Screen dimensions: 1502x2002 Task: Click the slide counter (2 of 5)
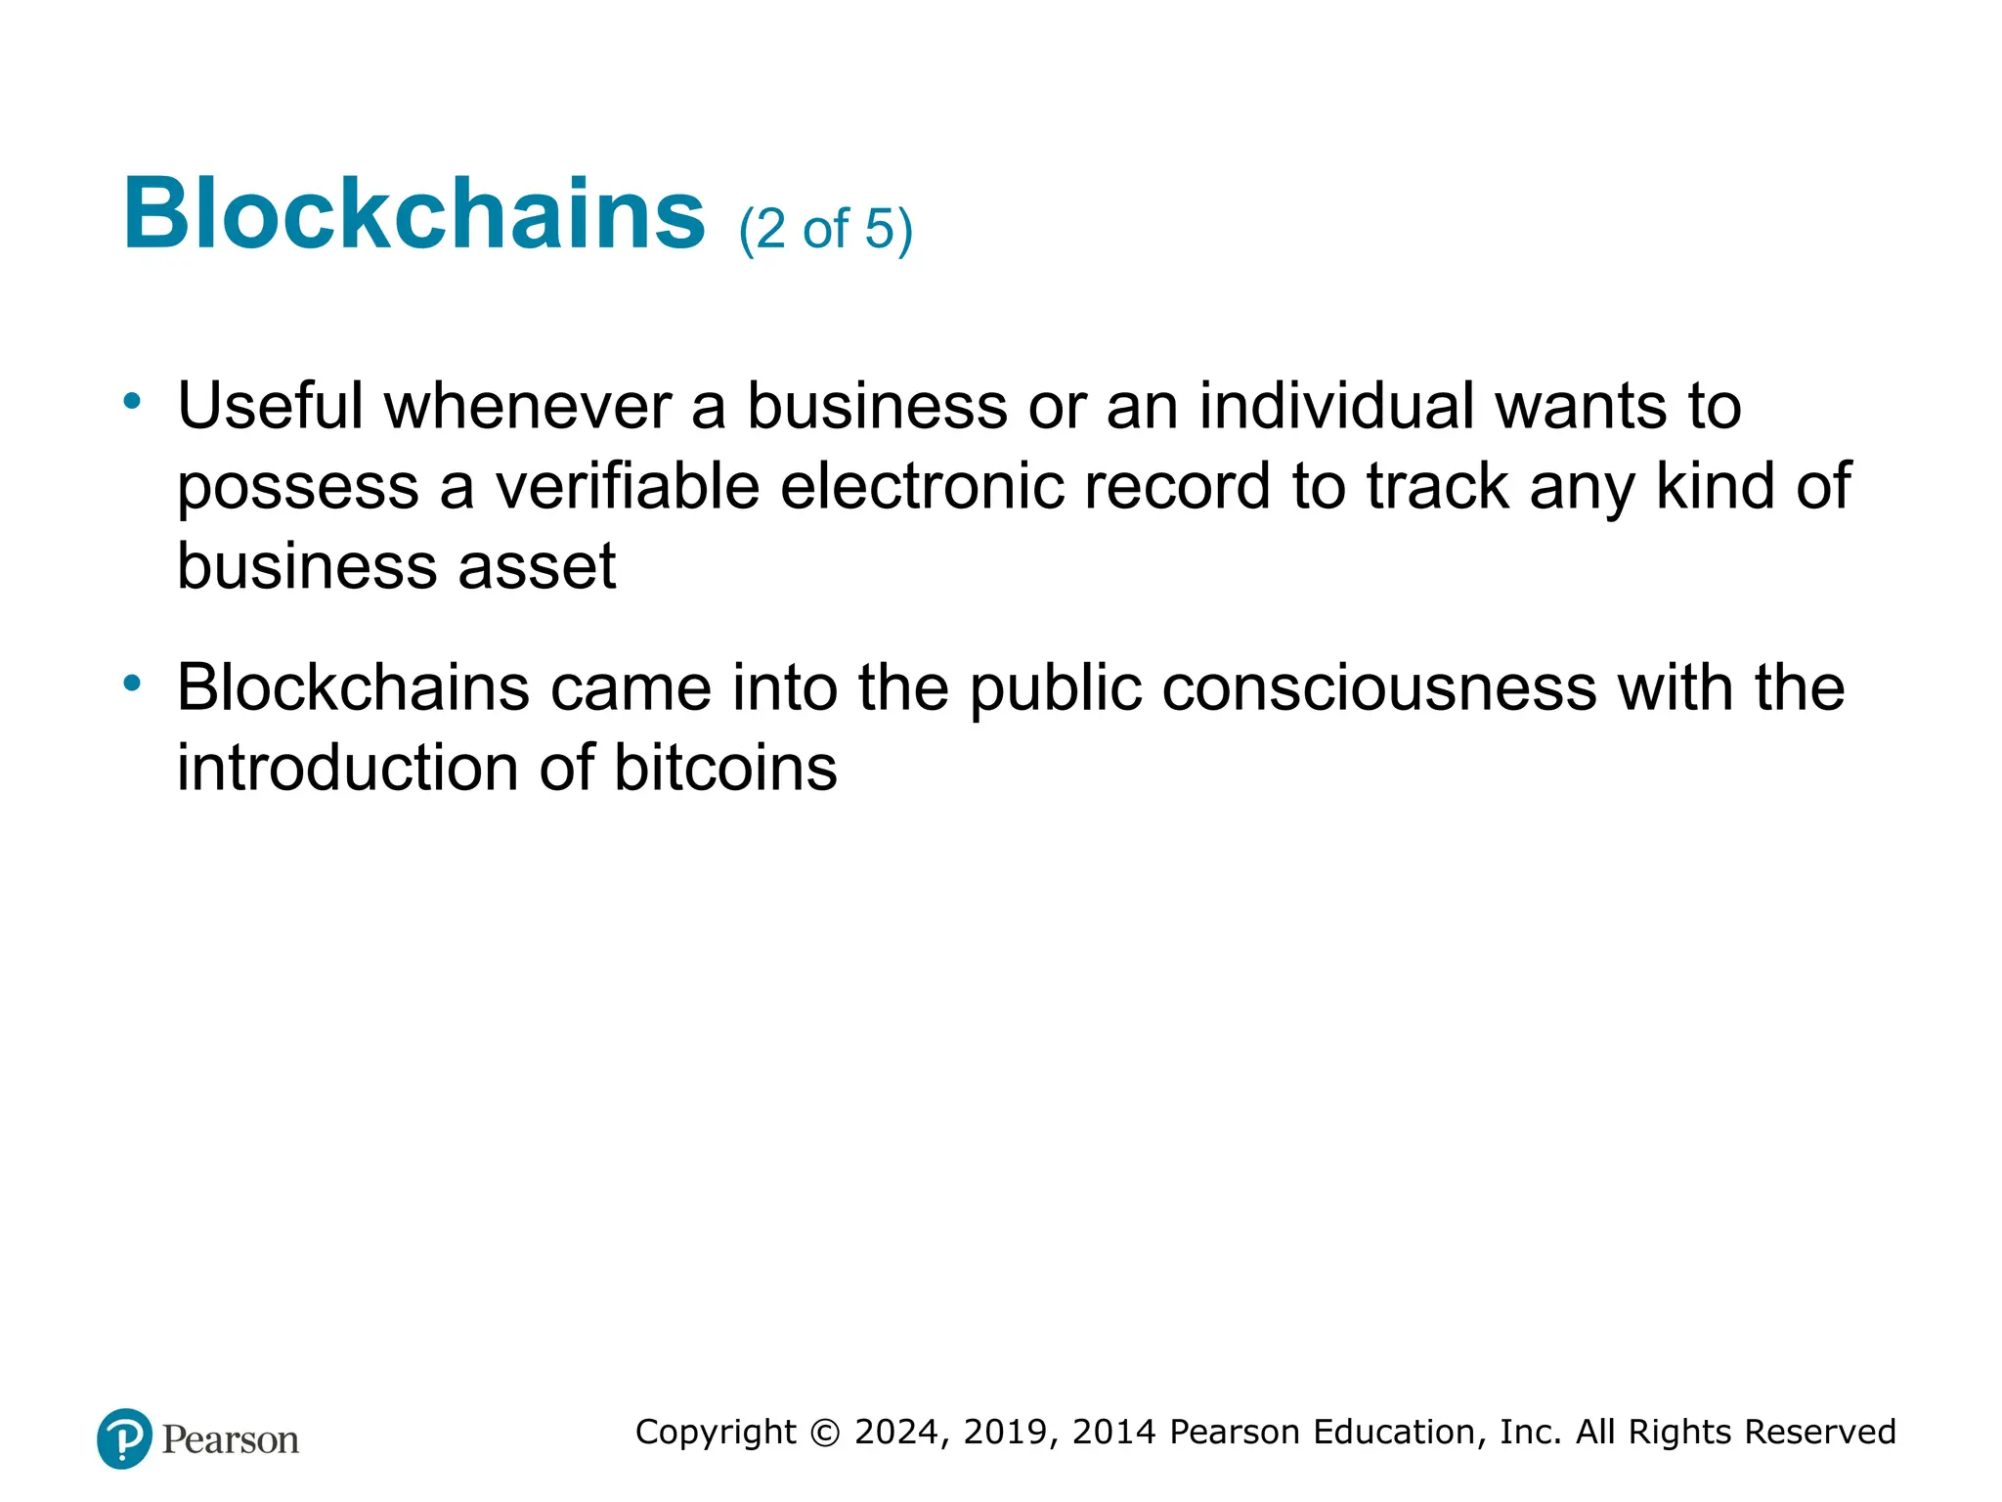click(x=825, y=230)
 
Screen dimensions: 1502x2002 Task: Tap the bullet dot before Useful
click(x=132, y=401)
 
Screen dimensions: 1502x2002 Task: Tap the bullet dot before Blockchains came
click(x=132, y=683)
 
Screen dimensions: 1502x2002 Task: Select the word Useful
click(x=270, y=406)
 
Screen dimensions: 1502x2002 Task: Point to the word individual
click(x=1336, y=406)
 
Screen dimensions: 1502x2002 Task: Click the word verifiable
click(x=627, y=486)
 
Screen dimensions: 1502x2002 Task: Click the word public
click(x=1056, y=689)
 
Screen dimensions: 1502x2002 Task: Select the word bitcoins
click(x=725, y=768)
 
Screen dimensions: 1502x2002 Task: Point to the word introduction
click(x=347, y=768)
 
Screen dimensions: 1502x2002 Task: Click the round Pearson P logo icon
click(x=124, y=1438)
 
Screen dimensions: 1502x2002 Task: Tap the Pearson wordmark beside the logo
click(x=231, y=1440)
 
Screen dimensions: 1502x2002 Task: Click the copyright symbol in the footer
click(x=825, y=1433)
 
